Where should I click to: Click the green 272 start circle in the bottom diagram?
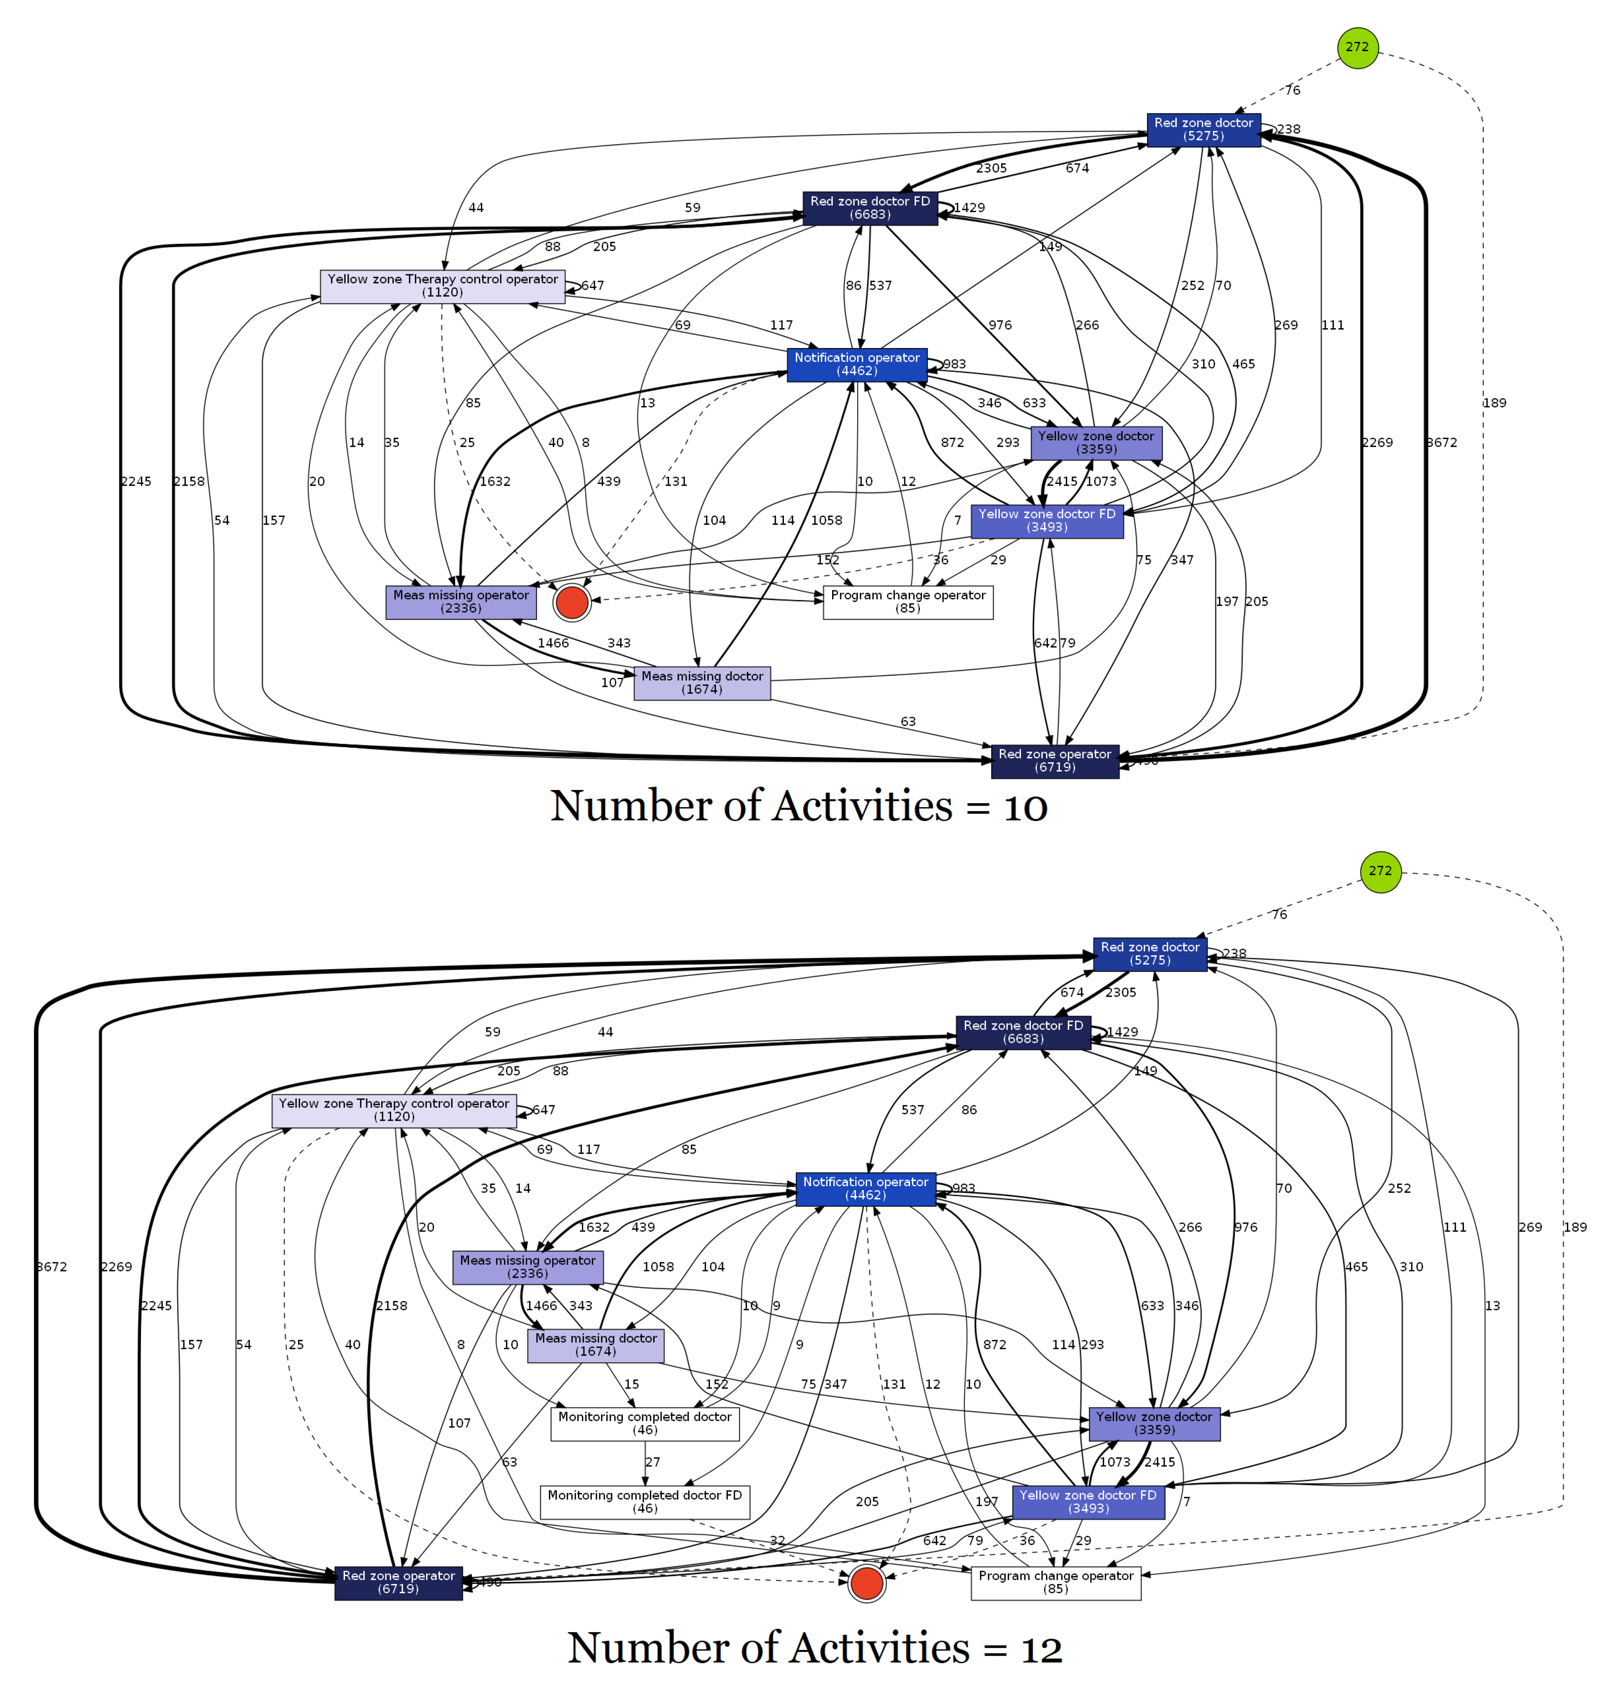click(x=1380, y=871)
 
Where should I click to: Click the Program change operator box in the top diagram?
click(x=908, y=602)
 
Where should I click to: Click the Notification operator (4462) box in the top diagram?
click(x=857, y=365)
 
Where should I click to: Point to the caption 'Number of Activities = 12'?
click(x=815, y=1647)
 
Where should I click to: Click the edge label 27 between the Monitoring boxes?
click(x=653, y=1463)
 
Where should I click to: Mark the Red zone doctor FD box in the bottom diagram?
click(x=1023, y=1032)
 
